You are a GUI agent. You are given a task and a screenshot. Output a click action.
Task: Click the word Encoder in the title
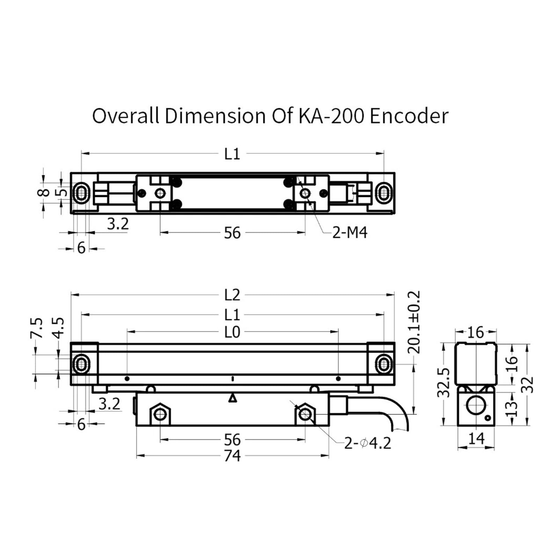click(x=409, y=116)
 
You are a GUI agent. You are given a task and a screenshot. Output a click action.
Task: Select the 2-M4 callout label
click(x=350, y=233)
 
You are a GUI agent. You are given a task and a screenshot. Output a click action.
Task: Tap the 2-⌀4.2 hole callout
click(x=368, y=443)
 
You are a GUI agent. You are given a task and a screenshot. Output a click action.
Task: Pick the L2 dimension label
click(x=232, y=295)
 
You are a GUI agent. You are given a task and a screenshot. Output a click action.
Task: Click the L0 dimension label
click(x=232, y=332)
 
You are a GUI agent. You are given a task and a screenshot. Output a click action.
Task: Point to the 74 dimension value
click(x=232, y=456)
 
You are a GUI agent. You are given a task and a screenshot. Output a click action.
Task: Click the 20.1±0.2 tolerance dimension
click(x=414, y=322)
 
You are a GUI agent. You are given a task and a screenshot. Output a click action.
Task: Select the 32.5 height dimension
click(x=444, y=383)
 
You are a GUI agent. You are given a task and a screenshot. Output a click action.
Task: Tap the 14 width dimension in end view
click(x=476, y=438)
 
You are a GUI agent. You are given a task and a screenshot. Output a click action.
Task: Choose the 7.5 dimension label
click(x=36, y=328)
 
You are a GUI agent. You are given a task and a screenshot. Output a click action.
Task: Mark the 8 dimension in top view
click(x=44, y=192)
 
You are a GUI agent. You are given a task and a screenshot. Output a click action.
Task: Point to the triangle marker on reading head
click(x=232, y=398)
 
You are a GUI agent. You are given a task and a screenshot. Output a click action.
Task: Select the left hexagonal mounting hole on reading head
click(x=160, y=414)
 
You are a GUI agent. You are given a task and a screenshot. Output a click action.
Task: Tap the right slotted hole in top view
click(x=384, y=193)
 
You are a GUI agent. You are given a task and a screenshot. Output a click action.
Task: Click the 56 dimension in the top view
click(x=232, y=233)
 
